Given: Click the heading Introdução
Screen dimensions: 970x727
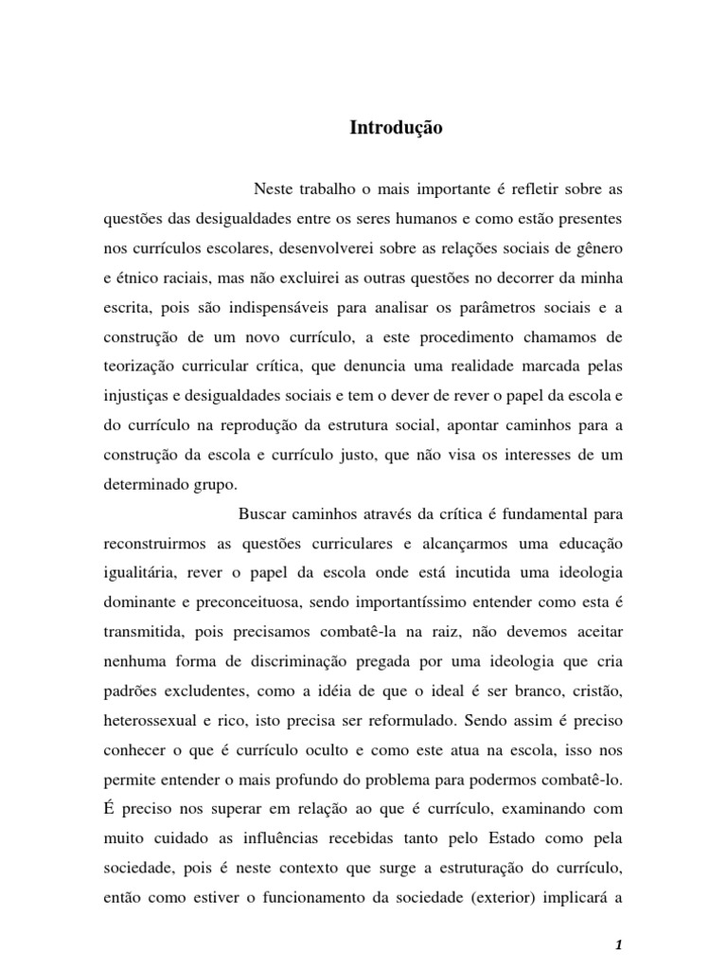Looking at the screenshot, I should click(397, 127).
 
